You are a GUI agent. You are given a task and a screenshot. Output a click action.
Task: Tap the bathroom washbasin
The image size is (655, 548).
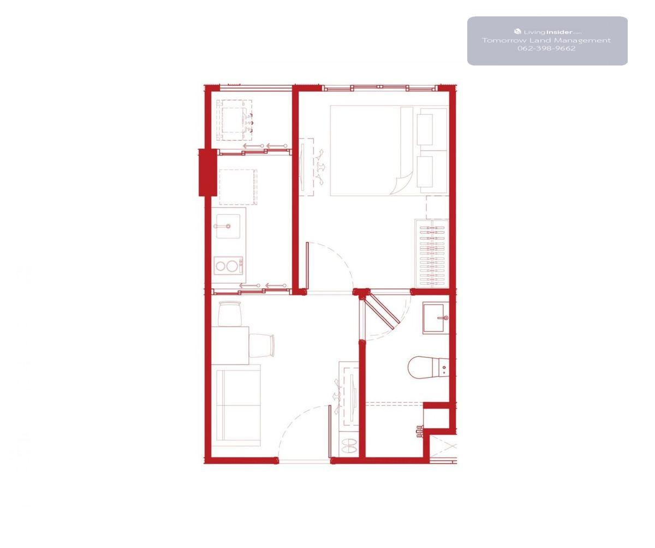(434, 318)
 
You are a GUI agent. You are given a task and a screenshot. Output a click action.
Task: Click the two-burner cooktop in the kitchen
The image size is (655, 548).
(228, 266)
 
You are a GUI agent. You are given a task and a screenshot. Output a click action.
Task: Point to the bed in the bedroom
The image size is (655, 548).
(389, 151)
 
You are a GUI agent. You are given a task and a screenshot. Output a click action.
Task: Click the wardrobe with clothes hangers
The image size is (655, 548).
(432, 253)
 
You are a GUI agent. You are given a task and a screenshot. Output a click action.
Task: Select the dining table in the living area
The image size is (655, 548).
(230, 346)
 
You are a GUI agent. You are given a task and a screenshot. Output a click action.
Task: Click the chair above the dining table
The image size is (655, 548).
(229, 314)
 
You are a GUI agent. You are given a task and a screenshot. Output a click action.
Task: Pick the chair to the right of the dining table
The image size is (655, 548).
(261, 346)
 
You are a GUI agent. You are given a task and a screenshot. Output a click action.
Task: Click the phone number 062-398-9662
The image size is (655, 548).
(546, 49)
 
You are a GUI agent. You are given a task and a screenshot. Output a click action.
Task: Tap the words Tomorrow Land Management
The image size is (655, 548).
(546, 40)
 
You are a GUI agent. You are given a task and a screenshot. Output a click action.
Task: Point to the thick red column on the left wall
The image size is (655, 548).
(207, 172)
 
